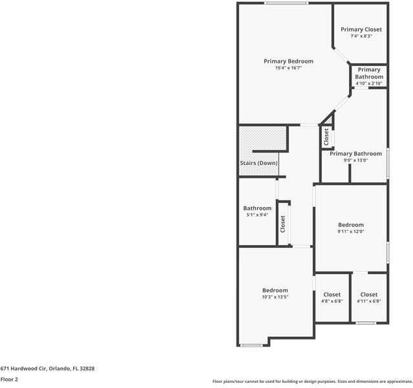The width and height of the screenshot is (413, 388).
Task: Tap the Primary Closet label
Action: pos(361,30)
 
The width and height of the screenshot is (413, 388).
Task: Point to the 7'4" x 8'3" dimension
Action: pos(361,36)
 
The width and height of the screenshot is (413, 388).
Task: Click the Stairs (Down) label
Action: pos(259,163)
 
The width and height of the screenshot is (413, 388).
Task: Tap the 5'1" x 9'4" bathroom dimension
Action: pos(257,215)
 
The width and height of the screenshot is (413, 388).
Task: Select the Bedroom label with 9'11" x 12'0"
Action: pos(351,225)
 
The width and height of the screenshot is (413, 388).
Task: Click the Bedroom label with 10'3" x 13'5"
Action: pos(275,290)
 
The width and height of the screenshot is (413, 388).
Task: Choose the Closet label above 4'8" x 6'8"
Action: pos(332,295)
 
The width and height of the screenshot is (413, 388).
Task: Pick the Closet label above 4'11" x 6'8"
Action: pos(369,295)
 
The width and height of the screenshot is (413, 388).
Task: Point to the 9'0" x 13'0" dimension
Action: pos(355,160)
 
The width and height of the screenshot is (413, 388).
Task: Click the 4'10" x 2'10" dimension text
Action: pos(369,83)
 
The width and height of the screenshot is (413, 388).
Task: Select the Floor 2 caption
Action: pos(9,380)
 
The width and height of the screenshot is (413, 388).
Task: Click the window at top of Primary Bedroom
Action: pos(285,3)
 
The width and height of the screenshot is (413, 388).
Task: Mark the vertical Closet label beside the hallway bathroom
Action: pos(282,224)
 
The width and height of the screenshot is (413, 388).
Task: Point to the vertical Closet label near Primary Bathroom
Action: pos(326,136)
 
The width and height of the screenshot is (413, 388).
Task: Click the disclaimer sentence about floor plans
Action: pos(312,382)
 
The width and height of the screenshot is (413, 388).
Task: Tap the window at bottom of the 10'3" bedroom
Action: pos(251,345)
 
